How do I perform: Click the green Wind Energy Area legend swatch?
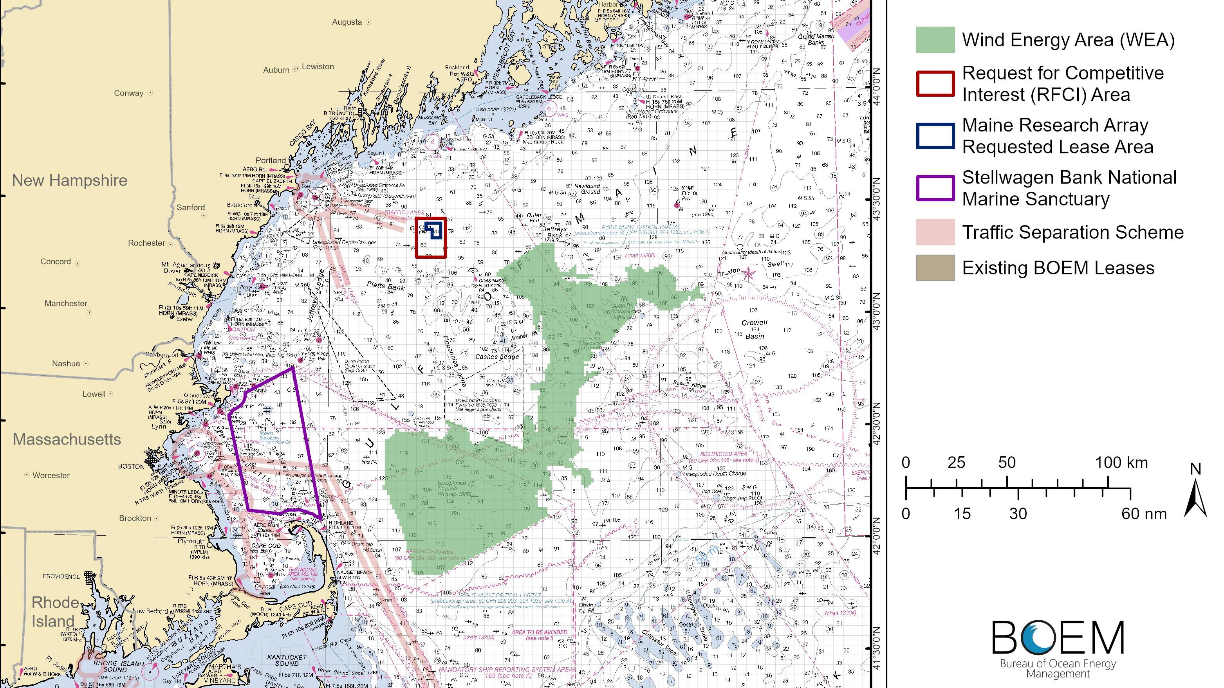[x=935, y=40]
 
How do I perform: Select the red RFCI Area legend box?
[x=935, y=84]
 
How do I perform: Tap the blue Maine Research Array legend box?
[x=935, y=136]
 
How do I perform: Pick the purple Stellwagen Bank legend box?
[x=935, y=188]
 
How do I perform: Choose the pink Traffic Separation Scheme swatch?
[x=935, y=232]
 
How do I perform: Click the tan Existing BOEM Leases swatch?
[x=935, y=268]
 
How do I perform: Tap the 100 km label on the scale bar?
[x=1121, y=463]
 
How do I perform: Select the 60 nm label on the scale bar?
[x=1144, y=514]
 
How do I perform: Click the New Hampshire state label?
[x=69, y=180]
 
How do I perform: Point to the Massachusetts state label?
[x=67, y=439]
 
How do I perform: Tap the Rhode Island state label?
[x=53, y=612]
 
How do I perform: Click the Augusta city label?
[x=347, y=22]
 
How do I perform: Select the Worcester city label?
[x=51, y=475]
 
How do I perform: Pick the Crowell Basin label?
[x=755, y=329]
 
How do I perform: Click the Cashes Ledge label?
[x=497, y=357]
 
